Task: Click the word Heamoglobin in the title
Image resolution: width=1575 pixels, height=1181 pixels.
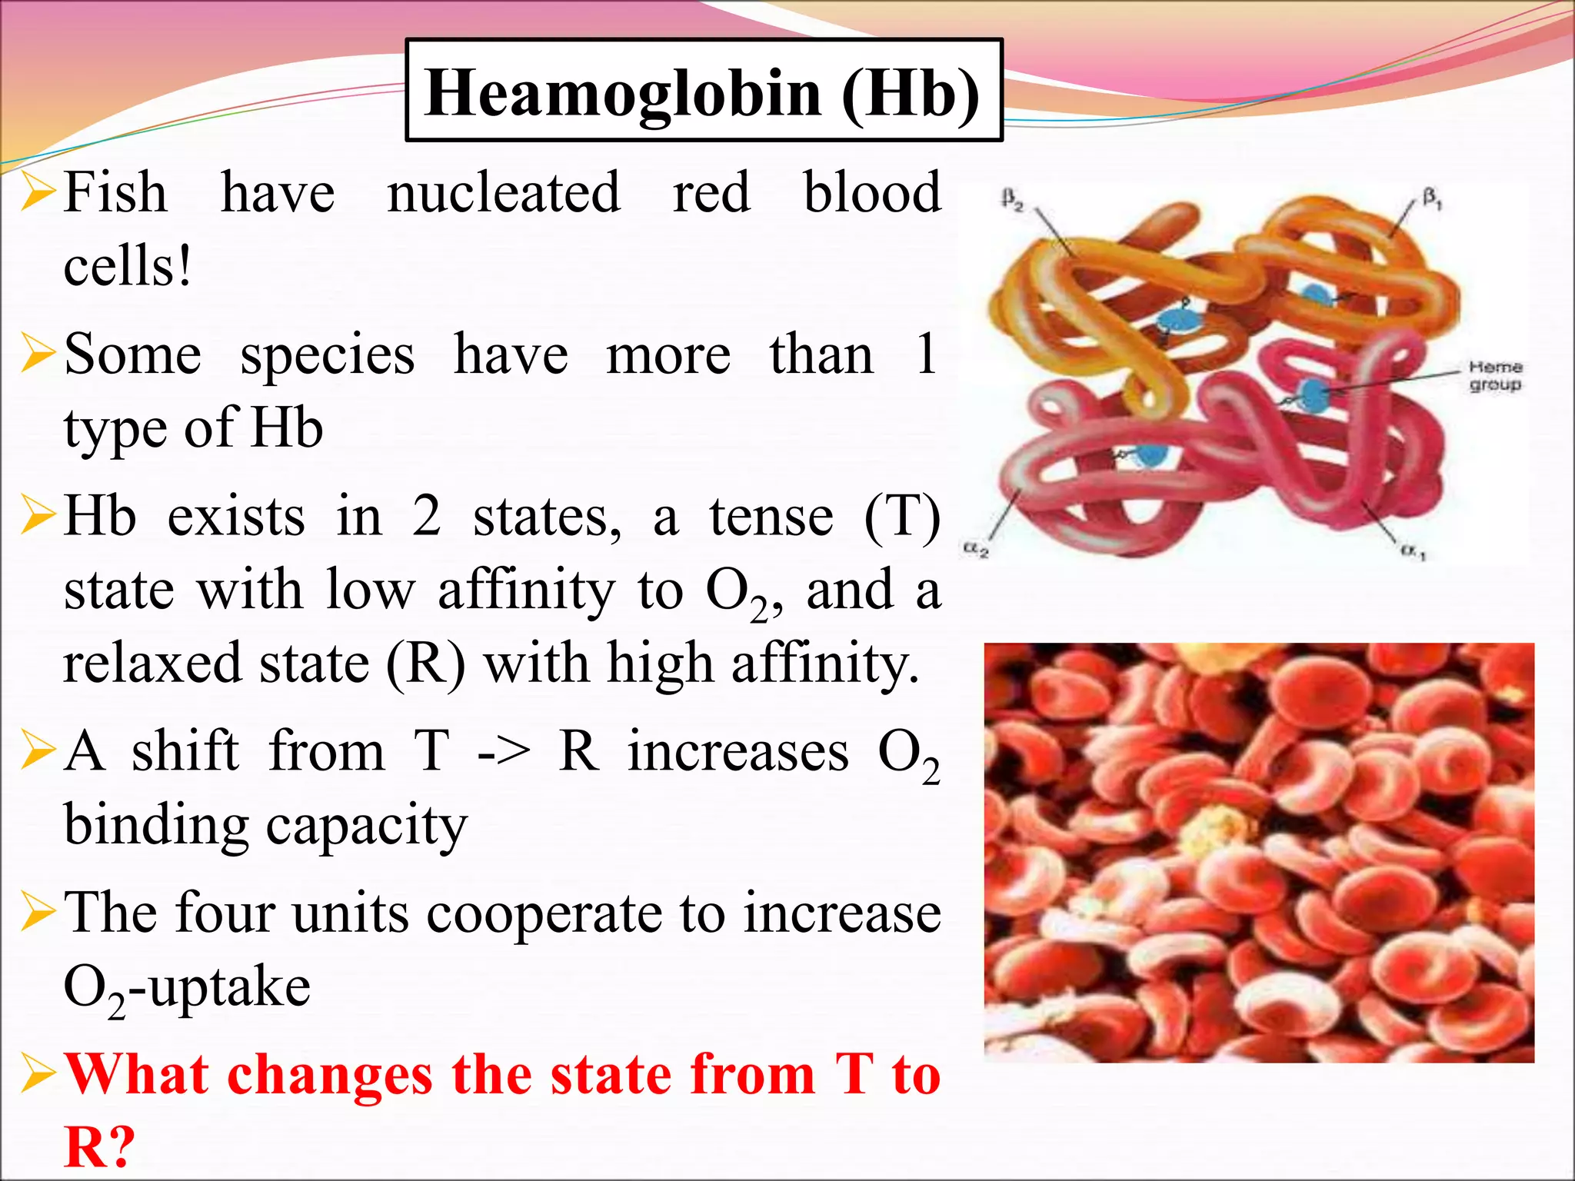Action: (x=623, y=93)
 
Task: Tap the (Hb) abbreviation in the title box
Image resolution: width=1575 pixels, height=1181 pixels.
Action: (x=911, y=93)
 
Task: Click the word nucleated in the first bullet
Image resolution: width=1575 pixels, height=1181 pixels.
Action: (x=504, y=192)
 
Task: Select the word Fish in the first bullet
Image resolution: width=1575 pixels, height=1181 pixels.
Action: (x=115, y=192)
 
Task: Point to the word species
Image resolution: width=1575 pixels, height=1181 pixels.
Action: (x=328, y=355)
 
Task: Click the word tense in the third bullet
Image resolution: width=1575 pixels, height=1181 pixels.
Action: (x=771, y=517)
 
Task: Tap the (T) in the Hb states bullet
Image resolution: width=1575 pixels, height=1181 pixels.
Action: (x=902, y=517)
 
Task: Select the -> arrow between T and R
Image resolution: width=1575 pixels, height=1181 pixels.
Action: (x=504, y=752)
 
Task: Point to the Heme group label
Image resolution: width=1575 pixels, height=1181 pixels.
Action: (x=1495, y=376)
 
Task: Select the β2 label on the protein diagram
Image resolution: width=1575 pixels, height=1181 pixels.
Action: (x=1013, y=200)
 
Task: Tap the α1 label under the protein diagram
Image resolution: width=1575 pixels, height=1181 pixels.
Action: (x=1413, y=551)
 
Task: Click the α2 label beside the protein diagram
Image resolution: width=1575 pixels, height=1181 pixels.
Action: (x=976, y=550)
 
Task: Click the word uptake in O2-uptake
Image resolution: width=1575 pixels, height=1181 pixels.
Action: (x=230, y=987)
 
